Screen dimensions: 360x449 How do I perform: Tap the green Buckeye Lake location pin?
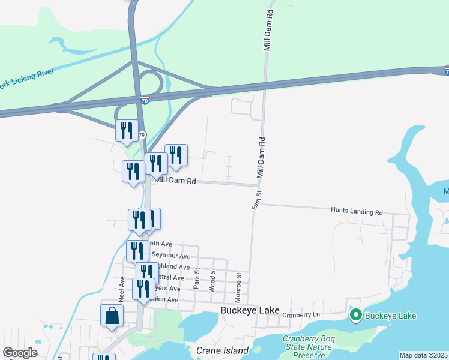355,315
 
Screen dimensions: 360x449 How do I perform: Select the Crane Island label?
222,350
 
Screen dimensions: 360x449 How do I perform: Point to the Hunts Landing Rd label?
357,211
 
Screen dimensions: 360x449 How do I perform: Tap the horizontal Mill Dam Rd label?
175,180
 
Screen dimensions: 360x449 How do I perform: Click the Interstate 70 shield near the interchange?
145,97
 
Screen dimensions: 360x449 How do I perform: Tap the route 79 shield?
142,134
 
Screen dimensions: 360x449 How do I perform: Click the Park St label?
196,278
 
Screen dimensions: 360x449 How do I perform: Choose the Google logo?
20,353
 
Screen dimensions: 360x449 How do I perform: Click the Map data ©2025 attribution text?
423,355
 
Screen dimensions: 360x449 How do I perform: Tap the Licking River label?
28,79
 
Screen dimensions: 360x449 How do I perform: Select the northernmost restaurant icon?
126,130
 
